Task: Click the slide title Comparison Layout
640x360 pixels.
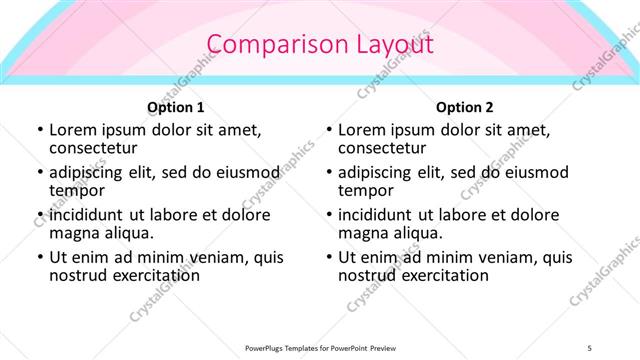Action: (319, 45)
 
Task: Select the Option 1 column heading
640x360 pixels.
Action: (176, 107)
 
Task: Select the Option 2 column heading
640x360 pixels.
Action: (465, 107)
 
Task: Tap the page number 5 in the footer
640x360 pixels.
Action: (590, 348)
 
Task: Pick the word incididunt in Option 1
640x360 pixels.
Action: (88, 215)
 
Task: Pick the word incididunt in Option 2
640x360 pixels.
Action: (377, 215)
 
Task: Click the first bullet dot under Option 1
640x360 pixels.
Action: (40, 131)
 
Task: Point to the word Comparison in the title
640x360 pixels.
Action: (265, 45)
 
